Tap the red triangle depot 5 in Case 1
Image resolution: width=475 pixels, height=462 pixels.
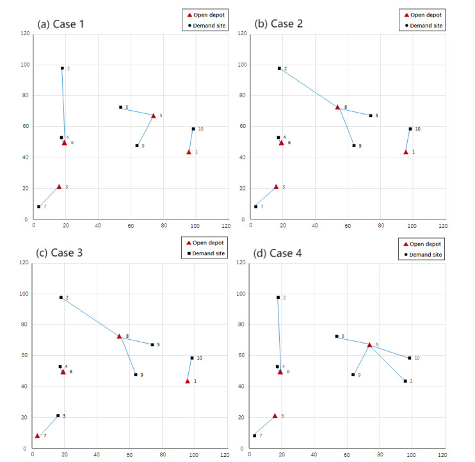tap(153, 115)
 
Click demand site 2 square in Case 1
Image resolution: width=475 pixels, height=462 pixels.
tap(62, 68)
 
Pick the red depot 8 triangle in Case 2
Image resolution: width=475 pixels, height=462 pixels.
tap(337, 107)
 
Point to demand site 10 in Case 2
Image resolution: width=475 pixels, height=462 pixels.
tap(410, 129)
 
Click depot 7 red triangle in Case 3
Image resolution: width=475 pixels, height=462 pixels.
tap(37, 435)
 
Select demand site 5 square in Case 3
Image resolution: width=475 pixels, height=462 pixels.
tap(152, 344)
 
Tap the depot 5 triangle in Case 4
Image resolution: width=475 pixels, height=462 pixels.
tap(369, 344)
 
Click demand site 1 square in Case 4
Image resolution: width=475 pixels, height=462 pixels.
tap(405, 381)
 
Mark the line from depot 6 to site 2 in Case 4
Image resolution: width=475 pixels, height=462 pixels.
tap(279, 333)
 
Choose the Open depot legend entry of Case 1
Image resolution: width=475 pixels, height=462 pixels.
tap(205, 13)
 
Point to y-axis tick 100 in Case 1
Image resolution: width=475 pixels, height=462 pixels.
tap(25, 65)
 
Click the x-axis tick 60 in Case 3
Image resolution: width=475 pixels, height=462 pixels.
tap(128, 455)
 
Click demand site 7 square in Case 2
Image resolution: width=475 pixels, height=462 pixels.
tap(255, 206)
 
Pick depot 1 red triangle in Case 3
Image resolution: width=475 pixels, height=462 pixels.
tap(188, 381)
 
